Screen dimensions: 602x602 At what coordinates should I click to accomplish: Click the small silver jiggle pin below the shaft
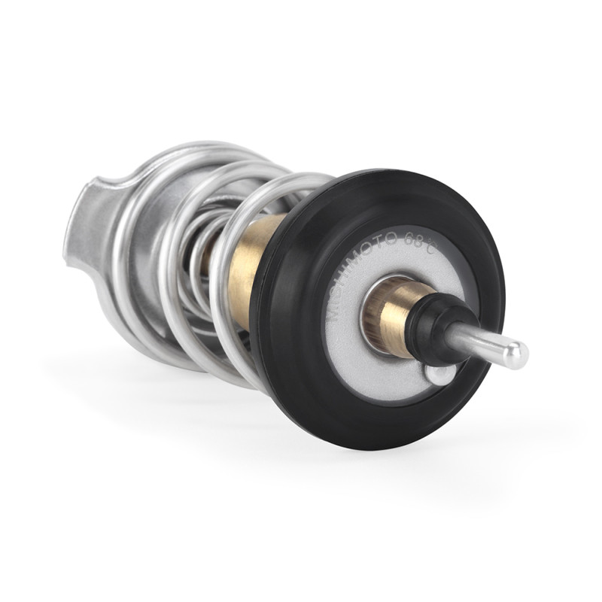(x=439, y=374)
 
